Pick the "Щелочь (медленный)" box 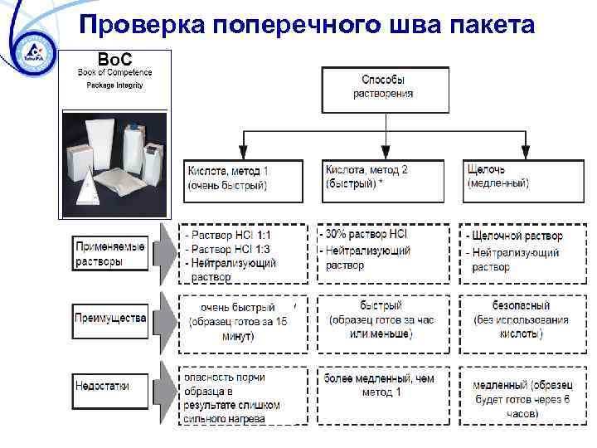pyautogui.click(x=523, y=178)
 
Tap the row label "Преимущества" pyautogui.click(x=110, y=318)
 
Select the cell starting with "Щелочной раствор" pyautogui.click(x=523, y=252)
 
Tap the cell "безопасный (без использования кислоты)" pyautogui.click(x=523, y=320)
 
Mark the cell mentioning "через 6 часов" pyautogui.click(x=523, y=397)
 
